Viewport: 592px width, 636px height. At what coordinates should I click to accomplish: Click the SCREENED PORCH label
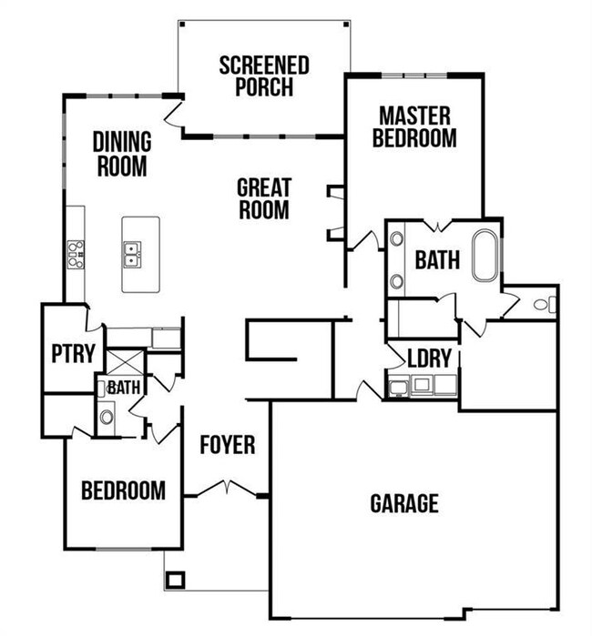[x=264, y=76]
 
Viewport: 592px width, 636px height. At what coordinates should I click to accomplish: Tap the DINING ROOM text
[x=122, y=154]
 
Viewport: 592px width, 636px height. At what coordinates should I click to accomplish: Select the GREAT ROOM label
[x=264, y=198]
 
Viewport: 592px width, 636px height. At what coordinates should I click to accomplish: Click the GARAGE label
[x=404, y=503]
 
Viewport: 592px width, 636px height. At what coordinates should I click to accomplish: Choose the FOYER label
[x=228, y=446]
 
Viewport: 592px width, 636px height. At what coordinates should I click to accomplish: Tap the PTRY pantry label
[x=73, y=353]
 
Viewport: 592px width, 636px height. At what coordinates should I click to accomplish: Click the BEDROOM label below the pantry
[x=124, y=491]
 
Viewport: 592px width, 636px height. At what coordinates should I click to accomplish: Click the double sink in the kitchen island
[x=133, y=254]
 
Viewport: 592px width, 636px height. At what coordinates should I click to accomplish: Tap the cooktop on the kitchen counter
[x=75, y=254]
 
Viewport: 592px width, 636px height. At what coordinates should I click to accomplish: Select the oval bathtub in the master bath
[x=485, y=255]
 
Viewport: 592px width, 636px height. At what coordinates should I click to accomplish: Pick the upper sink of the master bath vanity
[x=398, y=241]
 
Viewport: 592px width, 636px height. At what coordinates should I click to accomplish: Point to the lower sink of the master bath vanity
[x=398, y=281]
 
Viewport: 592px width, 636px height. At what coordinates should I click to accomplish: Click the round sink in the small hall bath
[x=107, y=418]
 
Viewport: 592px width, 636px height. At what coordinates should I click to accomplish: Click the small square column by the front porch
[x=176, y=579]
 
